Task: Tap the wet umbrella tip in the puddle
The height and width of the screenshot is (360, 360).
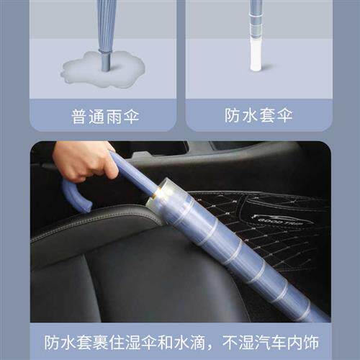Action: coord(106,63)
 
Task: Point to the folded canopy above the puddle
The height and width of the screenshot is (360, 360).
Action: coord(106,25)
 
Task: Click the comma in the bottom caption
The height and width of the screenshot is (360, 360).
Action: coord(215,344)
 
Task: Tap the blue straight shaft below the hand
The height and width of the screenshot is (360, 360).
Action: coord(133,173)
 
